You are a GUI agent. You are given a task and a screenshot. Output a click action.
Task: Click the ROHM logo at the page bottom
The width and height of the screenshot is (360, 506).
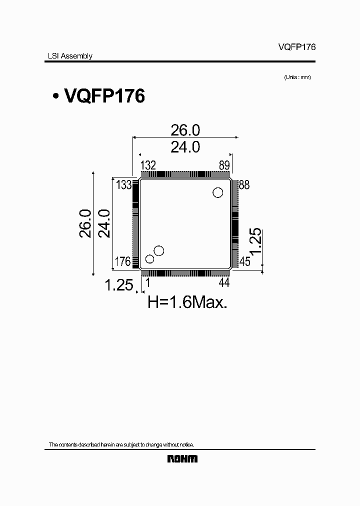[182, 458]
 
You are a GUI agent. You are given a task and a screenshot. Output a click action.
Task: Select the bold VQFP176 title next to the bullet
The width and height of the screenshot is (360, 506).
[104, 95]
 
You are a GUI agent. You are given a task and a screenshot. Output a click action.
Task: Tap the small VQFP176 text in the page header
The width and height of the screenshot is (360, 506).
[297, 46]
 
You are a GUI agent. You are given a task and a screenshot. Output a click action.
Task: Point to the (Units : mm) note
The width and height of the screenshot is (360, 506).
[297, 77]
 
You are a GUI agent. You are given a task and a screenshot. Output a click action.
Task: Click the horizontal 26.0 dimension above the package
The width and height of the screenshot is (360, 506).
[185, 130]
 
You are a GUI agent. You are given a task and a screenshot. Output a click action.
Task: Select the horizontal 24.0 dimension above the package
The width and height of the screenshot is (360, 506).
[185, 147]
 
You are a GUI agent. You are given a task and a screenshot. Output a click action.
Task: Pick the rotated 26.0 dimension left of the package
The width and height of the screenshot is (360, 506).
[85, 223]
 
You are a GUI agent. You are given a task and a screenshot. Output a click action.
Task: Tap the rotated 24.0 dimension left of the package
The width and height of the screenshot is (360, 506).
[104, 223]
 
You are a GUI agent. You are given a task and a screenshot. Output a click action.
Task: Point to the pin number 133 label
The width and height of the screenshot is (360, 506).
[123, 185]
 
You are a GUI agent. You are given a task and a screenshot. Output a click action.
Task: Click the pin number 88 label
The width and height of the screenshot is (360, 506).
[244, 185]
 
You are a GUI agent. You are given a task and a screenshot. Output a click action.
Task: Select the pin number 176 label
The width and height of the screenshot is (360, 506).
[123, 261]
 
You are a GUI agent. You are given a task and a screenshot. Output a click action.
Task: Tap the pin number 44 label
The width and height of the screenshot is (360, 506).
[223, 283]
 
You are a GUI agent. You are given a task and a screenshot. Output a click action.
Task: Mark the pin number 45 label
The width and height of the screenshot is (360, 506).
[244, 261]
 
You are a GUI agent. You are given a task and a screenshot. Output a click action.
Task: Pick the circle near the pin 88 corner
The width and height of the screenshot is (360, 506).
[217, 192]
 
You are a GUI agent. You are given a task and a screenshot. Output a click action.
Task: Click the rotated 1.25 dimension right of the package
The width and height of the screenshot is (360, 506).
[255, 242]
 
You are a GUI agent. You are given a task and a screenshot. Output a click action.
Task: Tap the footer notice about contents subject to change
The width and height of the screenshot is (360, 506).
[121, 444]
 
